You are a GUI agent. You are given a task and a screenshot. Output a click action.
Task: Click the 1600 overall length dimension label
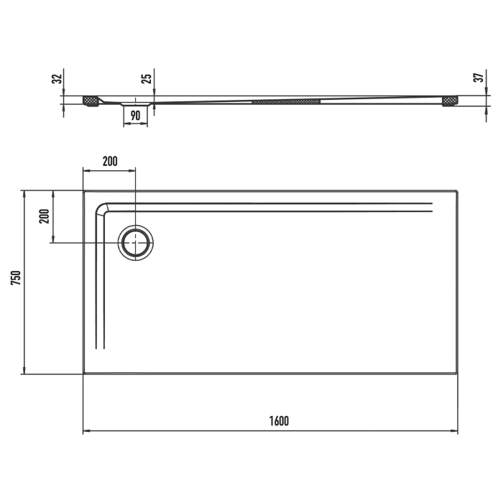[x=280, y=421]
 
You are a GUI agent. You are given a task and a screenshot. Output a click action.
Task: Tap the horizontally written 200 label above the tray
[x=109, y=161]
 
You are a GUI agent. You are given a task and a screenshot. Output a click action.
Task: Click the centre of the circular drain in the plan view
[x=135, y=243]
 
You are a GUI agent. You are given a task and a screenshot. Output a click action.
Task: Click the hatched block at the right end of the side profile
[x=451, y=101]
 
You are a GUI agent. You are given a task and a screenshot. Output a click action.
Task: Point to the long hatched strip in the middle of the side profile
[x=285, y=101]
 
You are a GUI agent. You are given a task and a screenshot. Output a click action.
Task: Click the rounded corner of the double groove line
[x=103, y=209]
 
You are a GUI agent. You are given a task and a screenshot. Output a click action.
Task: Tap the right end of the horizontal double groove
[x=432, y=208]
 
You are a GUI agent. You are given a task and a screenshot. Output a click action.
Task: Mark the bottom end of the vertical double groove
[x=101, y=348]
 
